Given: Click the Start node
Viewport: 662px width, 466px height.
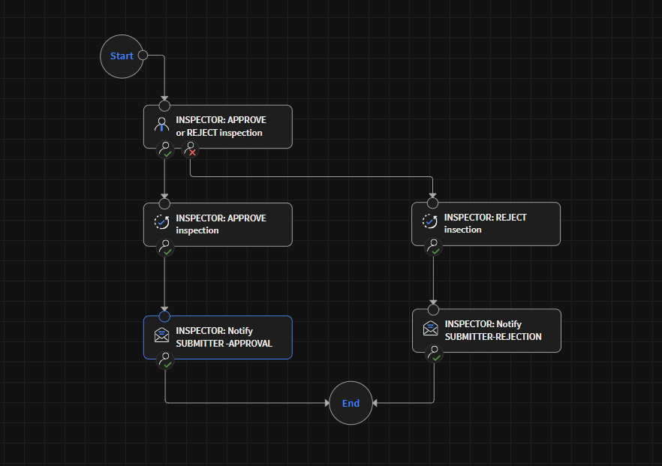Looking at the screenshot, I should pos(122,56).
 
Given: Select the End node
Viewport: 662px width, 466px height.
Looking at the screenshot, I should pos(351,403).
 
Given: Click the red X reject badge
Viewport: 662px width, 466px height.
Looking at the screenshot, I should pos(191,150).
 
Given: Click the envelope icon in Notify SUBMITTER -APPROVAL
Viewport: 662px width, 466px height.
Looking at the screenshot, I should pos(161,336).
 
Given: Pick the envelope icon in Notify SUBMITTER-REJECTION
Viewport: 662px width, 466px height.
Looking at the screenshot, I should pos(430,329).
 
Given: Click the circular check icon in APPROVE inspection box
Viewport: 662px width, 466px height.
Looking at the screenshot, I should pos(161,223).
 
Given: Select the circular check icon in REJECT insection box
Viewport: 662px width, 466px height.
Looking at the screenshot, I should pos(429,222).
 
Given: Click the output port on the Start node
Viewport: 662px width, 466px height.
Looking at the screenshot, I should pos(143,55).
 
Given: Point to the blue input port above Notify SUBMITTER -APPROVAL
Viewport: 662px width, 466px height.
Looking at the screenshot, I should pos(165,316).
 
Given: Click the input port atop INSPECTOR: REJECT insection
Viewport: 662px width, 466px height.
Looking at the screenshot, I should pos(432,203).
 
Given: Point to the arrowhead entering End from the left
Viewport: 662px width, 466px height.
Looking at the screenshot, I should pos(326,403).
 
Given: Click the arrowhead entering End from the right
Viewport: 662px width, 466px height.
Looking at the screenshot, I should pos(375,403).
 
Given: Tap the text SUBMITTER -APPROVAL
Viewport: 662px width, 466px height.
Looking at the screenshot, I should pos(224,344).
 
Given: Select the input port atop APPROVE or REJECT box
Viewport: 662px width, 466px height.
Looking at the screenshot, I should pos(165,106).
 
